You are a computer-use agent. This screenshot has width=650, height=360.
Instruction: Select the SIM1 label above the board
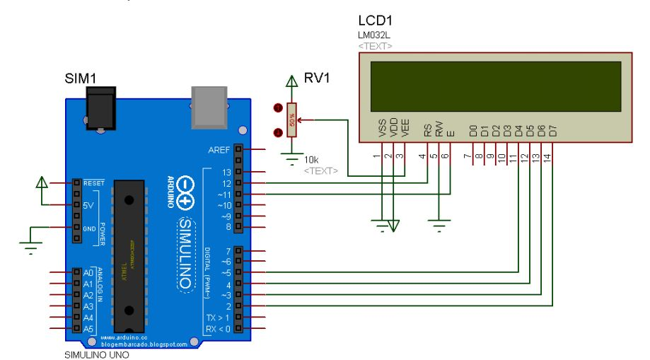tap(80, 78)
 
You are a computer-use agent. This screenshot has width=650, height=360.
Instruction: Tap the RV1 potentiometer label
tap(318, 78)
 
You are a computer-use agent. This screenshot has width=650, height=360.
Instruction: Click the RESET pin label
tap(94, 182)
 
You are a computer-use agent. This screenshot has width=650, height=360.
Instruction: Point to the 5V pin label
tap(89, 205)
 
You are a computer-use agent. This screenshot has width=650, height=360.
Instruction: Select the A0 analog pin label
tap(88, 272)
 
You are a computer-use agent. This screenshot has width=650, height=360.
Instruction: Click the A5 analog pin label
tap(88, 329)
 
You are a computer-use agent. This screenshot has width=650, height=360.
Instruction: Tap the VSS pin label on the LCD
tap(383, 129)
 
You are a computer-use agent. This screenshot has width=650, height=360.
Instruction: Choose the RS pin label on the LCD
tap(427, 130)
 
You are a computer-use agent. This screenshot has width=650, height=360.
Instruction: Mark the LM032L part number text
tap(374, 35)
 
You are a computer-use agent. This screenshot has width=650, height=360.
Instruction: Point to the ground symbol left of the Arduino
tap(30, 244)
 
